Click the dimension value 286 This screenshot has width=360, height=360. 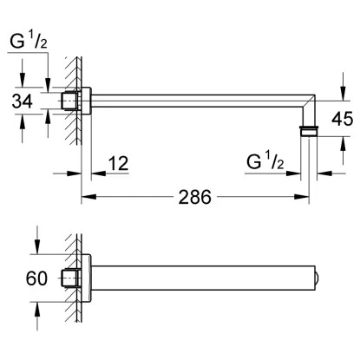(x=194, y=198)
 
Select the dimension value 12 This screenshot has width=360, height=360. (x=118, y=163)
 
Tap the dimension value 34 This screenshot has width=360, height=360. (x=22, y=101)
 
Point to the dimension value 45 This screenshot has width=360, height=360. (x=343, y=119)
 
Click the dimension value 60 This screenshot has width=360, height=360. (x=36, y=278)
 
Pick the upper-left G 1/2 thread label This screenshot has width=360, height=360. (x=28, y=41)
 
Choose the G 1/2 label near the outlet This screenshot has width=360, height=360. (x=265, y=161)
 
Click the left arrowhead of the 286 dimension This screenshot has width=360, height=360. (x=88, y=197)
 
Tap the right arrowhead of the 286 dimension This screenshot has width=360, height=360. (x=302, y=197)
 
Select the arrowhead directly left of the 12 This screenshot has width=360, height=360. (x=98, y=173)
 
